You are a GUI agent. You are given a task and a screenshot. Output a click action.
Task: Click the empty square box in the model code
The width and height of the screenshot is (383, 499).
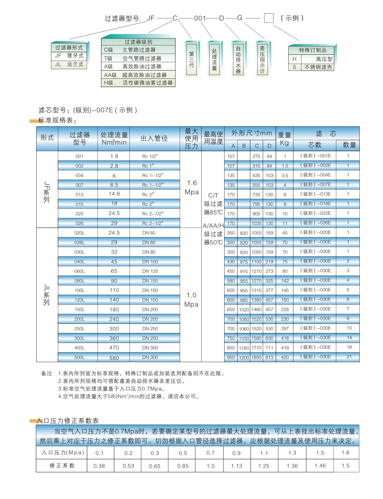[x=269, y=18]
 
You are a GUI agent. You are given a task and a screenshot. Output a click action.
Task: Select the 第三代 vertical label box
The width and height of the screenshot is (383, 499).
[x=191, y=59]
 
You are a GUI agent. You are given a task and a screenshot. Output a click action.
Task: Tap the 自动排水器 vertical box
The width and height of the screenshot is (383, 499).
[x=238, y=59]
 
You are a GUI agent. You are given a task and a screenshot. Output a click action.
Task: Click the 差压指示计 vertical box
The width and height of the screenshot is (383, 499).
[x=262, y=59]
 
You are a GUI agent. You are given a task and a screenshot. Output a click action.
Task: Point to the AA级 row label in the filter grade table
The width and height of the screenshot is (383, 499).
[x=110, y=75]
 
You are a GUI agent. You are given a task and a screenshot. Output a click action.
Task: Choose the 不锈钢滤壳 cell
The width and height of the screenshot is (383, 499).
[x=318, y=67]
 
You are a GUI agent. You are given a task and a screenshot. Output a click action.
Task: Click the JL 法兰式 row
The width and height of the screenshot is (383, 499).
[x=69, y=64]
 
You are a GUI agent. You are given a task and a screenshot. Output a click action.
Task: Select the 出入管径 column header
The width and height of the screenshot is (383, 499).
[x=154, y=138]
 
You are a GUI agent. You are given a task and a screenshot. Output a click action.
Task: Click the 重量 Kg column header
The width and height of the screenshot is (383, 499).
[x=284, y=138]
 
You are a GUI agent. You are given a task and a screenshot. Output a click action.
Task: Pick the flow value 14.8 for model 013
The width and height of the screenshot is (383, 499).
[x=114, y=194]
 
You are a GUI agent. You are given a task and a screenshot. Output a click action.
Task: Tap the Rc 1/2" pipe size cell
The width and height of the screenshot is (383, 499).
[x=150, y=156]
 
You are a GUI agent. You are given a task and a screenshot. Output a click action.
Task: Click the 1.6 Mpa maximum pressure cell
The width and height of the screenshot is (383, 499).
[x=192, y=187]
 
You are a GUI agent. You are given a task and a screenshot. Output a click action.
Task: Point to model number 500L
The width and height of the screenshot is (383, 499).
[x=79, y=357]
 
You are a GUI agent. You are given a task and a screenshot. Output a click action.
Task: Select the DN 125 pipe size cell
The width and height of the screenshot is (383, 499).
[x=150, y=271]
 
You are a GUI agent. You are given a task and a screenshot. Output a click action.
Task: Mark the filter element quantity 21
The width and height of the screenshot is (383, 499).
[x=349, y=357]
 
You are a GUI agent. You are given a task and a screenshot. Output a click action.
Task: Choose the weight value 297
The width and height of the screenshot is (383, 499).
[x=285, y=329]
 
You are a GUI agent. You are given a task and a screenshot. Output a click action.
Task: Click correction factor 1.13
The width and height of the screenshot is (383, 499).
[x=237, y=466]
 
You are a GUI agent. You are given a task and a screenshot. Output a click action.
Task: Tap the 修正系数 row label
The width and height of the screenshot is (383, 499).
[x=62, y=466]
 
